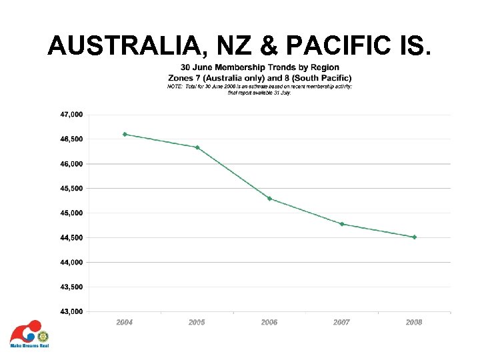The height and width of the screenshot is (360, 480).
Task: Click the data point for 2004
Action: coord(125,134)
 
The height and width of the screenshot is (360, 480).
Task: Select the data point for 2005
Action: coord(197,147)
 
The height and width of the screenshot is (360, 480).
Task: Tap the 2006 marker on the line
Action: coord(269,199)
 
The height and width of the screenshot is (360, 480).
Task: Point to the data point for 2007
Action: coord(342,224)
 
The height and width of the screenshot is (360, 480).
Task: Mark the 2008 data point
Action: coord(414,237)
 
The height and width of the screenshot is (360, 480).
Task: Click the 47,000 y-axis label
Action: coord(71,115)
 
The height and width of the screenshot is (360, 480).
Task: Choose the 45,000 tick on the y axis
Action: coord(71,213)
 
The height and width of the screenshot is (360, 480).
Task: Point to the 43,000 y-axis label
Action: coord(71,311)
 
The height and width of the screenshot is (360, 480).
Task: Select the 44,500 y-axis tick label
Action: coord(71,238)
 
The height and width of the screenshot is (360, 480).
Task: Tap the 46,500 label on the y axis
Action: coord(71,139)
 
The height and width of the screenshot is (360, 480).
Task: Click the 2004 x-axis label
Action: coord(125,322)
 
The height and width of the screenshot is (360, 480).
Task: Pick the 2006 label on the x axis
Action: coord(269,322)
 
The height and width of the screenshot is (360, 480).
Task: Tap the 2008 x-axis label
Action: coord(414,322)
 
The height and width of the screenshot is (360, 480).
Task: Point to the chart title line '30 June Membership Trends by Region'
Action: coord(260,67)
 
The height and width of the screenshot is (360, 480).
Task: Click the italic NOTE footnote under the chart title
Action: coord(260,89)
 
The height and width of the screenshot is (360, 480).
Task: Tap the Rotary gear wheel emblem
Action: coord(43,336)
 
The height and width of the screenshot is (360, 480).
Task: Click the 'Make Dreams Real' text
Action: coord(29,346)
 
